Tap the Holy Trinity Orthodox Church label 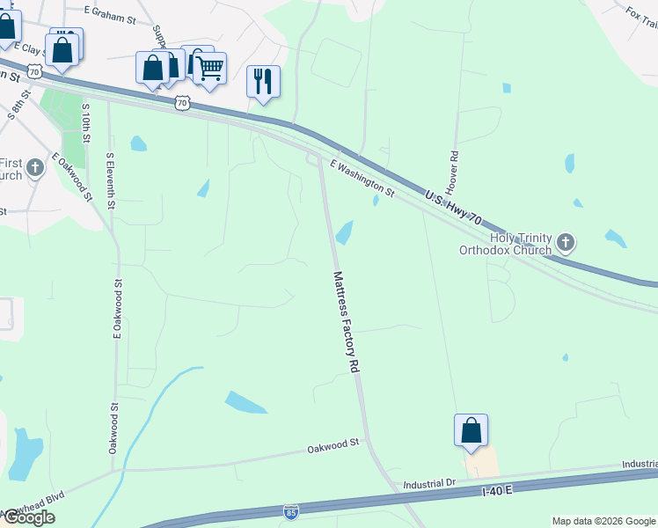(509, 243)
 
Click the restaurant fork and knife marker (263, 82)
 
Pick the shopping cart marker (209, 69)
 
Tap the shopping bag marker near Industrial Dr (472, 430)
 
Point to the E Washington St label (362, 177)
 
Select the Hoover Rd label (453, 172)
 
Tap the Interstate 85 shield (291, 511)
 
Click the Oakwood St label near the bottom (334, 447)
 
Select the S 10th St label (86, 123)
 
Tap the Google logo (28, 517)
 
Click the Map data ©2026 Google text (603, 521)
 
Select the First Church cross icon (35, 167)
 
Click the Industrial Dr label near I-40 (428, 484)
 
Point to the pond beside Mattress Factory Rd (344, 233)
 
